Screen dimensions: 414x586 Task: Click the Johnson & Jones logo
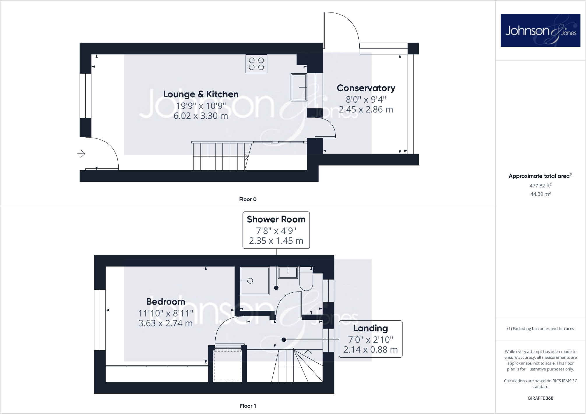coord(540,30)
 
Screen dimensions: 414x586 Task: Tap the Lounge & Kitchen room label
coord(201,94)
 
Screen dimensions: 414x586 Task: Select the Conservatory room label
coord(366,88)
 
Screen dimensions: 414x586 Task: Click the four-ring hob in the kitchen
coord(256,64)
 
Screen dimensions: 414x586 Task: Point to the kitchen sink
coord(299,87)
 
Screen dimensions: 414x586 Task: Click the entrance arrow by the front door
coord(81,153)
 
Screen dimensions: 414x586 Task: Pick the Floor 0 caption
coord(248,199)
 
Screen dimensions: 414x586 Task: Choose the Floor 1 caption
coord(248,406)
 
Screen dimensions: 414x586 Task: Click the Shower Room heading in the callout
coord(276,219)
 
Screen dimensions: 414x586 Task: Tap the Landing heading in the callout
coord(370,328)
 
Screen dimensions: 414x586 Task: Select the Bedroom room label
coord(166,302)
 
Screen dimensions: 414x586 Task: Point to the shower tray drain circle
coord(250,281)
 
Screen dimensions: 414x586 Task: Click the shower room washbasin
coord(288,273)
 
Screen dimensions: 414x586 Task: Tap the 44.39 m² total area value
coord(540,194)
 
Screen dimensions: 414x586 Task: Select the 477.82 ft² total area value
coord(540,186)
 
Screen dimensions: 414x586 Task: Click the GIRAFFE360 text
coord(540,398)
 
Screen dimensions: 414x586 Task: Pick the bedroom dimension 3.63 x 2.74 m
coord(166,323)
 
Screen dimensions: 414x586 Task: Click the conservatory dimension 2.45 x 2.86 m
coord(366,110)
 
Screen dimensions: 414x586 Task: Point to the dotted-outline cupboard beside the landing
coord(228,366)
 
